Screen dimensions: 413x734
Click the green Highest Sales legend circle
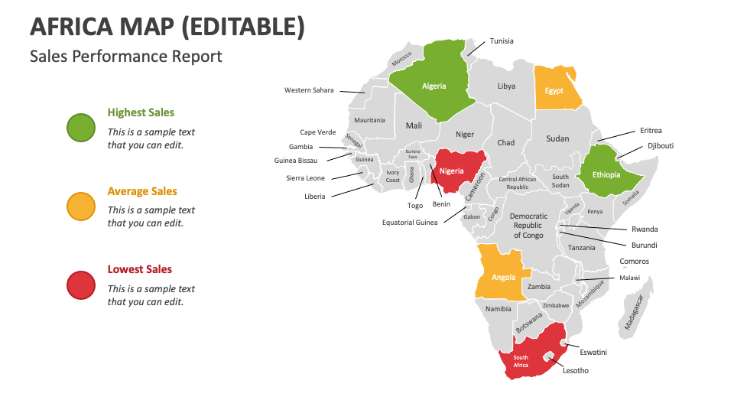click(81, 127)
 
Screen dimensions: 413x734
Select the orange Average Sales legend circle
click(81, 206)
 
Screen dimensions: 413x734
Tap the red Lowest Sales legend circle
click(81, 285)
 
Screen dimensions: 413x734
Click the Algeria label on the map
click(434, 86)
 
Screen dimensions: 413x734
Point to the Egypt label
click(554, 91)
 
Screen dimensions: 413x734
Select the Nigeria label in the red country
click(451, 171)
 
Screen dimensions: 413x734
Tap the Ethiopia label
click(606, 175)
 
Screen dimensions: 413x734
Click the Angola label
click(503, 278)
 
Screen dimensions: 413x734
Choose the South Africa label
click(521, 362)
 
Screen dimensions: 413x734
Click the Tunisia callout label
click(502, 41)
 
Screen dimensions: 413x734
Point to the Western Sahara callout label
click(309, 90)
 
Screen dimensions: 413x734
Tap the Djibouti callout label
click(661, 145)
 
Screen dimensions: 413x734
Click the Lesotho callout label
click(576, 371)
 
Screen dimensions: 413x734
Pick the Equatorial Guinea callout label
click(410, 223)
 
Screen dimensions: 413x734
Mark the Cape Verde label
click(317, 132)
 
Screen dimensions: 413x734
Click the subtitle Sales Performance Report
click(126, 57)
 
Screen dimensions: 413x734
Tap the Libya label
click(506, 86)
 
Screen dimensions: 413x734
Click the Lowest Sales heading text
click(139, 269)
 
